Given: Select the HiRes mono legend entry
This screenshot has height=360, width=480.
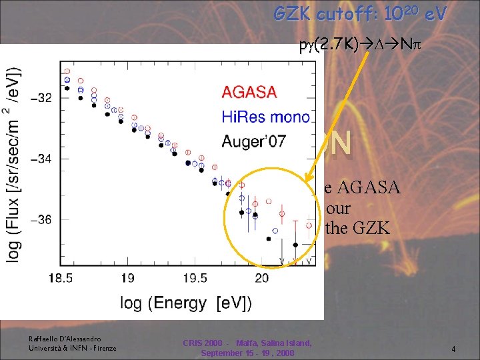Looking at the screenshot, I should (x=265, y=117).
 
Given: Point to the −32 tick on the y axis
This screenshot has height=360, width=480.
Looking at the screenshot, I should (x=39, y=98).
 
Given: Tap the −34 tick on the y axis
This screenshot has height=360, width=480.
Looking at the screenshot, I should (x=39, y=159).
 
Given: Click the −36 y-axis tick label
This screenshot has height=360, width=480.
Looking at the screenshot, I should (x=39, y=220).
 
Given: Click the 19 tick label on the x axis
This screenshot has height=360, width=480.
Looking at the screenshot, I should (x=128, y=277).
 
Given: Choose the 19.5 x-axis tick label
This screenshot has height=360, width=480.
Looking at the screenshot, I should (x=195, y=277).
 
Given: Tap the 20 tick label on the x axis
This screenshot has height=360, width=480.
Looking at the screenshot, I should (x=261, y=277).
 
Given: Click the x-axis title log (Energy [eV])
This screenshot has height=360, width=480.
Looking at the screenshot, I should (x=186, y=303).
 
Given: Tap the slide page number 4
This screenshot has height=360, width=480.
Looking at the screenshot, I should (x=453, y=349).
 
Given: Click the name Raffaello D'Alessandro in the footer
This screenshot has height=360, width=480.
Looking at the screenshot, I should (x=65, y=339).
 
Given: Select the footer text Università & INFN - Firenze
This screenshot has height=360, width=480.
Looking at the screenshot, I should (x=73, y=348).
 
